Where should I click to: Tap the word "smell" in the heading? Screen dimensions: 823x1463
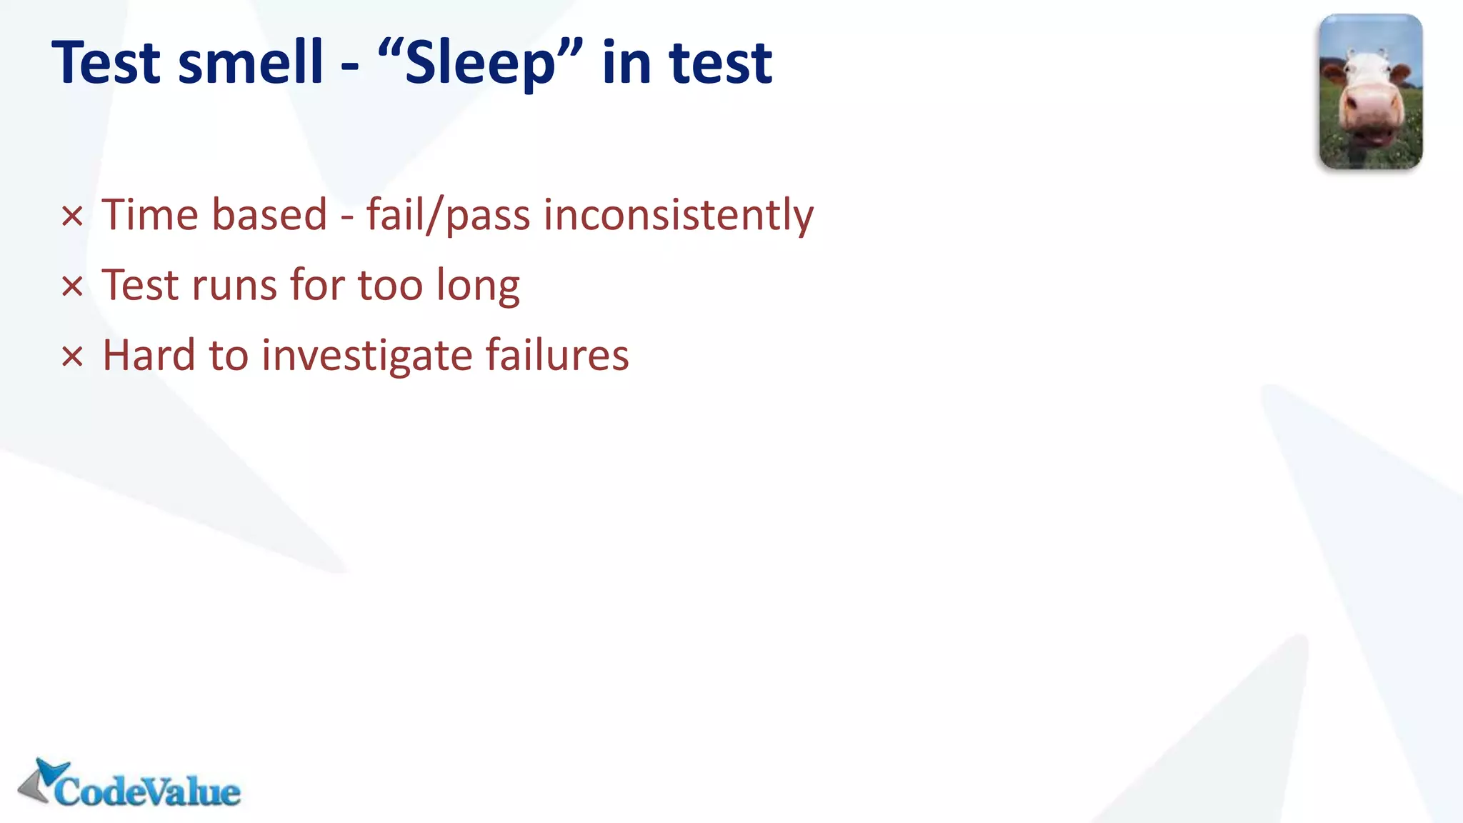[251, 63]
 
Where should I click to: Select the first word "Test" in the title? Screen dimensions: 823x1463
[107, 63]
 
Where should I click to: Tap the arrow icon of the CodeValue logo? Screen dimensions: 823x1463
[44, 781]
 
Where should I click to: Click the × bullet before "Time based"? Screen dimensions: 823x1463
[72, 216]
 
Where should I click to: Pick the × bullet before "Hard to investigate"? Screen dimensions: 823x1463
[72, 356]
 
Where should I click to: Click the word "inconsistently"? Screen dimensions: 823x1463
[678, 215]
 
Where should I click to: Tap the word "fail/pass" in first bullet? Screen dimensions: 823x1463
[448, 215]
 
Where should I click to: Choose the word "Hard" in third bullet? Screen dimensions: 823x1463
[149, 356]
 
